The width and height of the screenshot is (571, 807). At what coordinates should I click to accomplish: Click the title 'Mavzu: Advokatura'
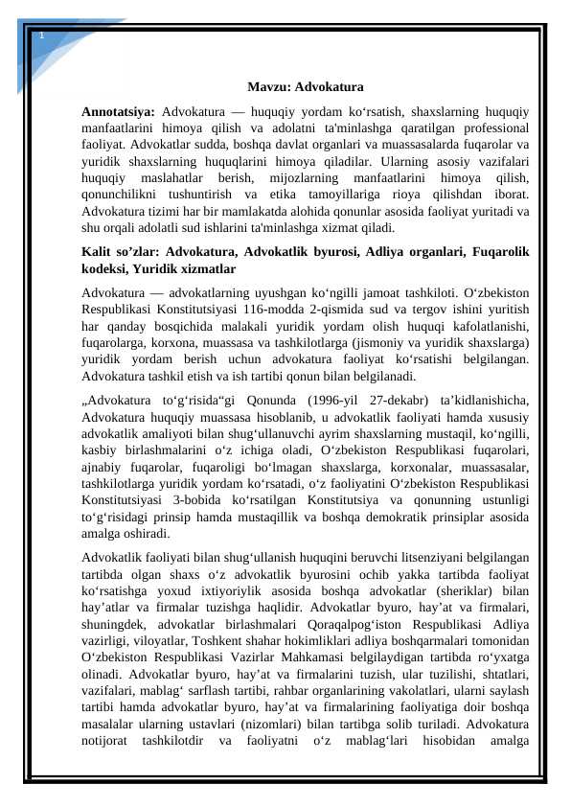point(304,86)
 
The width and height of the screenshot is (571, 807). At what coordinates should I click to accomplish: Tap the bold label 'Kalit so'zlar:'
point(114,252)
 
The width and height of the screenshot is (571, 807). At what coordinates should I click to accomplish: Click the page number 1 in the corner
point(41,35)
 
